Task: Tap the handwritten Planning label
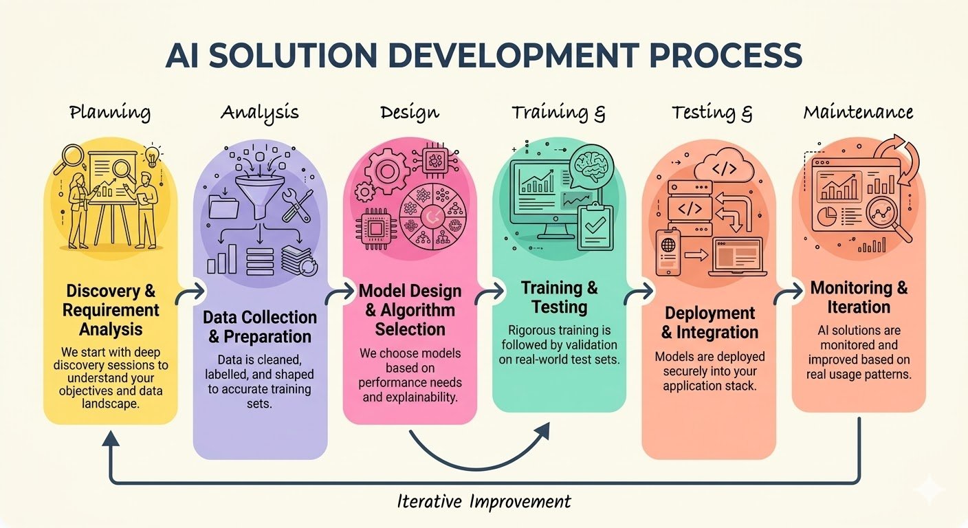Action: [x=110, y=112]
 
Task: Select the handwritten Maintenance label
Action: [x=858, y=112]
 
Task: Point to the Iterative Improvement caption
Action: [x=484, y=501]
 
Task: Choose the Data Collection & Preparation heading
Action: [x=260, y=327]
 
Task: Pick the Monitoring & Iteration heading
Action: [x=859, y=297]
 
